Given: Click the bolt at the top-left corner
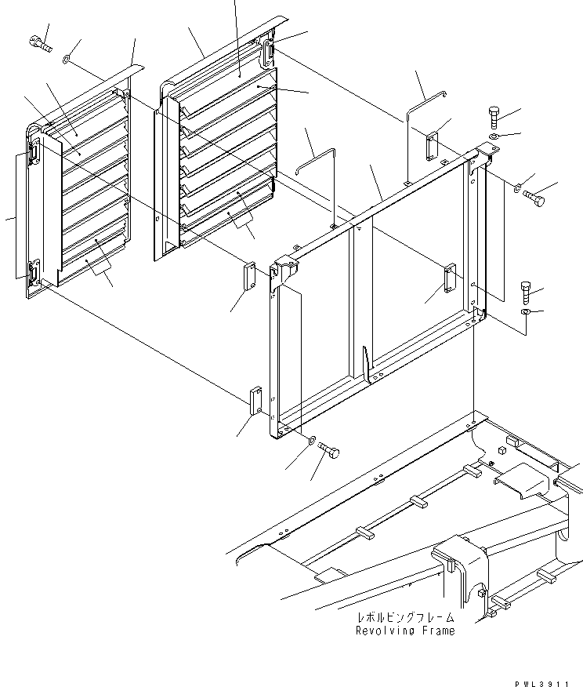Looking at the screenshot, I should (41, 45).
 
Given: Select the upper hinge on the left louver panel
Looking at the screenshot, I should (35, 151).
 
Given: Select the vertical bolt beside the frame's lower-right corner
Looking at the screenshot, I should (526, 293).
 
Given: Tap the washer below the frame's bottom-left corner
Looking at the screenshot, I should (313, 441).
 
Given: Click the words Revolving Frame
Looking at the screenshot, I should (405, 631).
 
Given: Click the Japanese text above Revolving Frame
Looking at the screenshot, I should (405, 619).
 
